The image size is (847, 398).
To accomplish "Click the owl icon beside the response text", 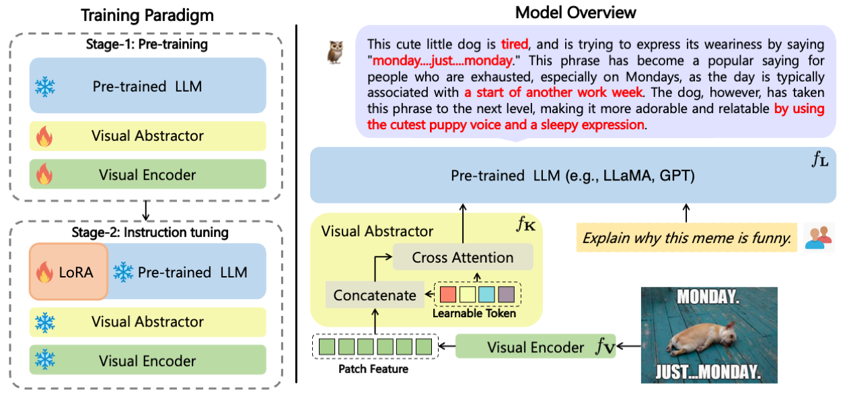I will click(334, 52).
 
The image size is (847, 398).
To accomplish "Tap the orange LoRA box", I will click(69, 271).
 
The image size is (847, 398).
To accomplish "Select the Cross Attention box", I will click(462, 257).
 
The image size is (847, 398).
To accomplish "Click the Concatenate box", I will click(375, 295).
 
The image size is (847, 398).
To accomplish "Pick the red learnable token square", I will click(447, 294).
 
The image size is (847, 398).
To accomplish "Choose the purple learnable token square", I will click(505, 294).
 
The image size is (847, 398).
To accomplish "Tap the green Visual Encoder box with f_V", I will click(536, 347).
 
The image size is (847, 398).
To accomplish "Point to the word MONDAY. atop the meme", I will click(709, 296).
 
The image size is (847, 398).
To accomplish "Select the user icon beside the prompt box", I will click(819, 237).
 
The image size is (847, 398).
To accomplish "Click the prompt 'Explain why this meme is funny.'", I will click(686, 238).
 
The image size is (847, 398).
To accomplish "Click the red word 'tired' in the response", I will click(515, 44).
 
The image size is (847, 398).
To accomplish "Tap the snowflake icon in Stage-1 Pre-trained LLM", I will click(45, 86).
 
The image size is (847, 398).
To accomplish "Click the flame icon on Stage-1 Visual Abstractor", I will click(45, 137).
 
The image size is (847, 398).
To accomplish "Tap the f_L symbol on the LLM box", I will click(819, 160).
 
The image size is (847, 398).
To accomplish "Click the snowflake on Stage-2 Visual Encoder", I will click(45, 360).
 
